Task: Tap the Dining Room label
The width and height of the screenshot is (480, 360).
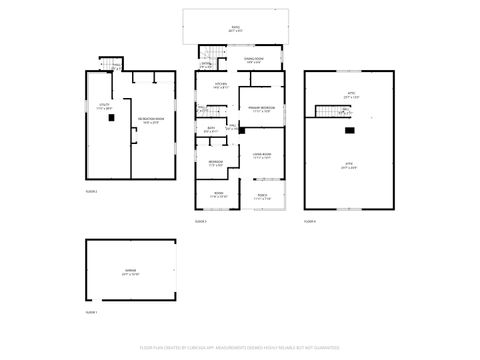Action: click(253, 61)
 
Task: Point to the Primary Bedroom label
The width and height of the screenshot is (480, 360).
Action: click(262, 110)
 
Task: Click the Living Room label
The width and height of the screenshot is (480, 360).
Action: click(262, 155)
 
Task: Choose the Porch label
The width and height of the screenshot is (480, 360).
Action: click(262, 196)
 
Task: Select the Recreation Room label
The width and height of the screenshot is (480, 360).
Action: click(152, 120)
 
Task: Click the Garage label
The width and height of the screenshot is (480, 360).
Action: click(130, 271)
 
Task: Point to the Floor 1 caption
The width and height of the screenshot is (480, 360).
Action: click(90, 312)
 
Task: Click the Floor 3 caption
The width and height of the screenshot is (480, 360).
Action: click(200, 220)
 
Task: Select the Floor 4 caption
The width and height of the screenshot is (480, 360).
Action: click(310, 220)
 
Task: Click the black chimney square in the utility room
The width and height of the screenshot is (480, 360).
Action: click(111, 118)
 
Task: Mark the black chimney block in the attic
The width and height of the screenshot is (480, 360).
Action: click(349, 129)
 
